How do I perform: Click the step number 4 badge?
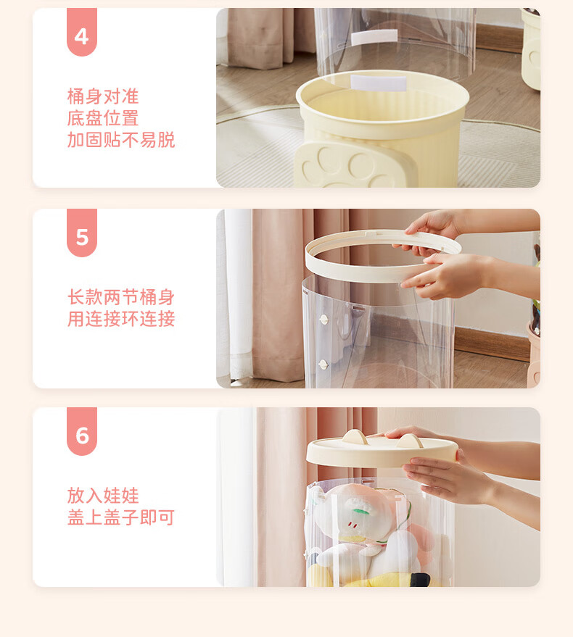[82, 32]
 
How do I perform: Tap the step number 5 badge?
[82, 233]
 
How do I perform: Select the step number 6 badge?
[82, 431]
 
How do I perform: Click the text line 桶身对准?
[103, 96]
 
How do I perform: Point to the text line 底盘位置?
[103, 118]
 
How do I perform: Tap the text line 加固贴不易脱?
[121, 140]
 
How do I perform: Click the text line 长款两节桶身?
[121, 297]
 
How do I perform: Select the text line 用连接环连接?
[121, 319]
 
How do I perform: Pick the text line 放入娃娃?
[103, 496]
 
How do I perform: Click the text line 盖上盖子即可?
[121, 517]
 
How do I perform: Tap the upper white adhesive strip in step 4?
[374, 38]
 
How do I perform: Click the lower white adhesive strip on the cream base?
[379, 83]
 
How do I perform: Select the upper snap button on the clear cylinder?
[323, 320]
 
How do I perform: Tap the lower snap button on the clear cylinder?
[323, 365]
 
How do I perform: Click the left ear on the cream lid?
[355, 437]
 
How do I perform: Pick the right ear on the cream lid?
[410, 441]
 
